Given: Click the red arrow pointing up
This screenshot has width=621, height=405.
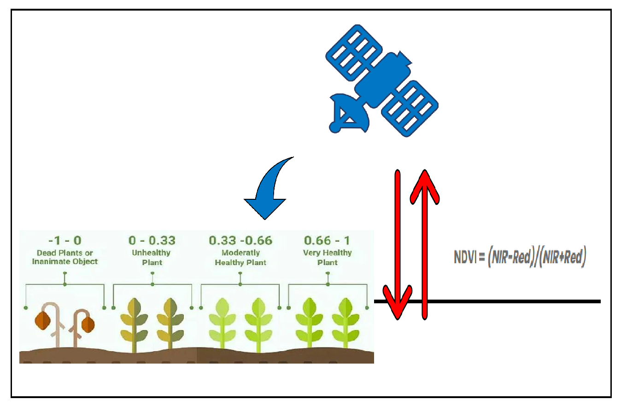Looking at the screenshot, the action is (424, 244).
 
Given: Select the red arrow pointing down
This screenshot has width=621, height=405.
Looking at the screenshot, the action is (398, 244).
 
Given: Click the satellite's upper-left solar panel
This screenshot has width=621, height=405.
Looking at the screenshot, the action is (354, 52).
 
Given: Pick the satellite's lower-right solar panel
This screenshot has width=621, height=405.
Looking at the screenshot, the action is (410, 109).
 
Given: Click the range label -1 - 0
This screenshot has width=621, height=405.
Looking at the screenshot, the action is (65, 240).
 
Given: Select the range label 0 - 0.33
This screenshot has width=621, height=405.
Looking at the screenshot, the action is (152, 240).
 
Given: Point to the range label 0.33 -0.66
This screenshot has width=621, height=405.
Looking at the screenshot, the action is (240, 240).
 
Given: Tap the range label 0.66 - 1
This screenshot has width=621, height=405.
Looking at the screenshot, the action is (327, 240).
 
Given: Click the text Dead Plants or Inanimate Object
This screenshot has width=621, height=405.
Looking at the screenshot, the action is (65, 257).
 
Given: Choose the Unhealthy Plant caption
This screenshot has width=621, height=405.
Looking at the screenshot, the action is (152, 257).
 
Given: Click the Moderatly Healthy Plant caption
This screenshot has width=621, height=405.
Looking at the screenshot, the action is (240, 257).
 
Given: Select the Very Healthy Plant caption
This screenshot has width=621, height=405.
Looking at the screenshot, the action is (328, 257).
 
